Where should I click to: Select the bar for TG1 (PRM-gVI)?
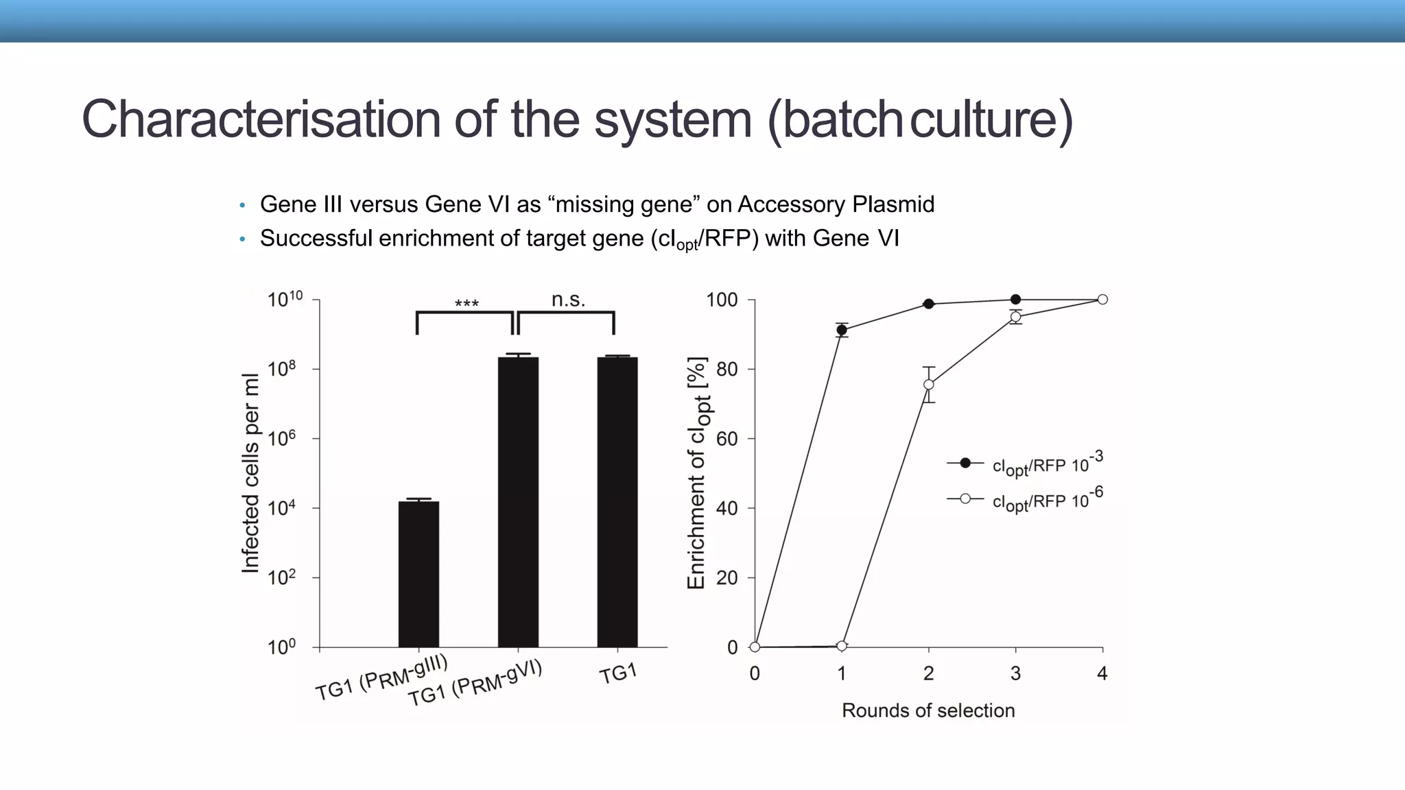518,501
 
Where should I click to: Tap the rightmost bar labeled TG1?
617,501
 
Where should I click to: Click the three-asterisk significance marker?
467,304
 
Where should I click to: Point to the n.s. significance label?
568,300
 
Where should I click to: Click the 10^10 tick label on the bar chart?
285,299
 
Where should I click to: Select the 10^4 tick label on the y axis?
282,507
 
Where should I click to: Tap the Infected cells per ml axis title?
251,473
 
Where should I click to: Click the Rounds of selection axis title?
928,710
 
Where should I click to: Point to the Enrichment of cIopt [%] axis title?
697,473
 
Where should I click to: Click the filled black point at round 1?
842,330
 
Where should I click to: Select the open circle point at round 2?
929,385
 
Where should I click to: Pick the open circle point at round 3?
1015,317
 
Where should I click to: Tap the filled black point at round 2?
929,304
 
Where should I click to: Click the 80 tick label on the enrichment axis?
727,369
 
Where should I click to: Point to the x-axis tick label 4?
1102,673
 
